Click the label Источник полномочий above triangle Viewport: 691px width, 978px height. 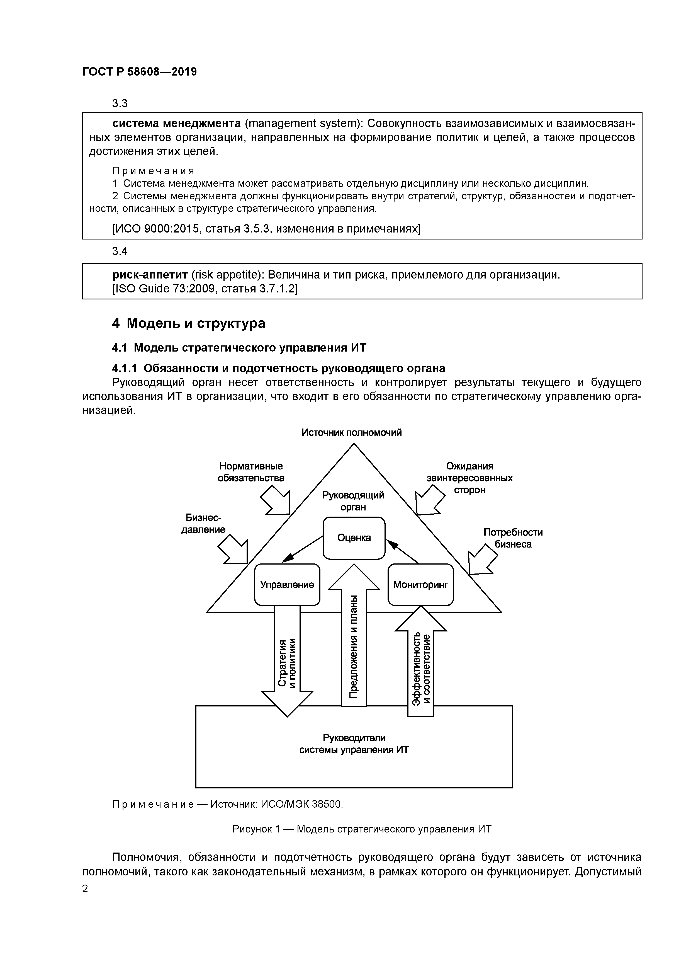(x=352, y=433)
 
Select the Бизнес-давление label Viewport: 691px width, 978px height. (x=203, y=524)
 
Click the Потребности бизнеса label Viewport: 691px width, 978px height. (x=513, y=538)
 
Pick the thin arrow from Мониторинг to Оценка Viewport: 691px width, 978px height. (x=403, y=552)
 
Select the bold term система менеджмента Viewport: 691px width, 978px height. (x=176, y=124)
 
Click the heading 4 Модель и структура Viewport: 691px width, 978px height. (x=189, y=323)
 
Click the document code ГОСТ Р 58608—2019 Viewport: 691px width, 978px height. (x=140, y=72)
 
